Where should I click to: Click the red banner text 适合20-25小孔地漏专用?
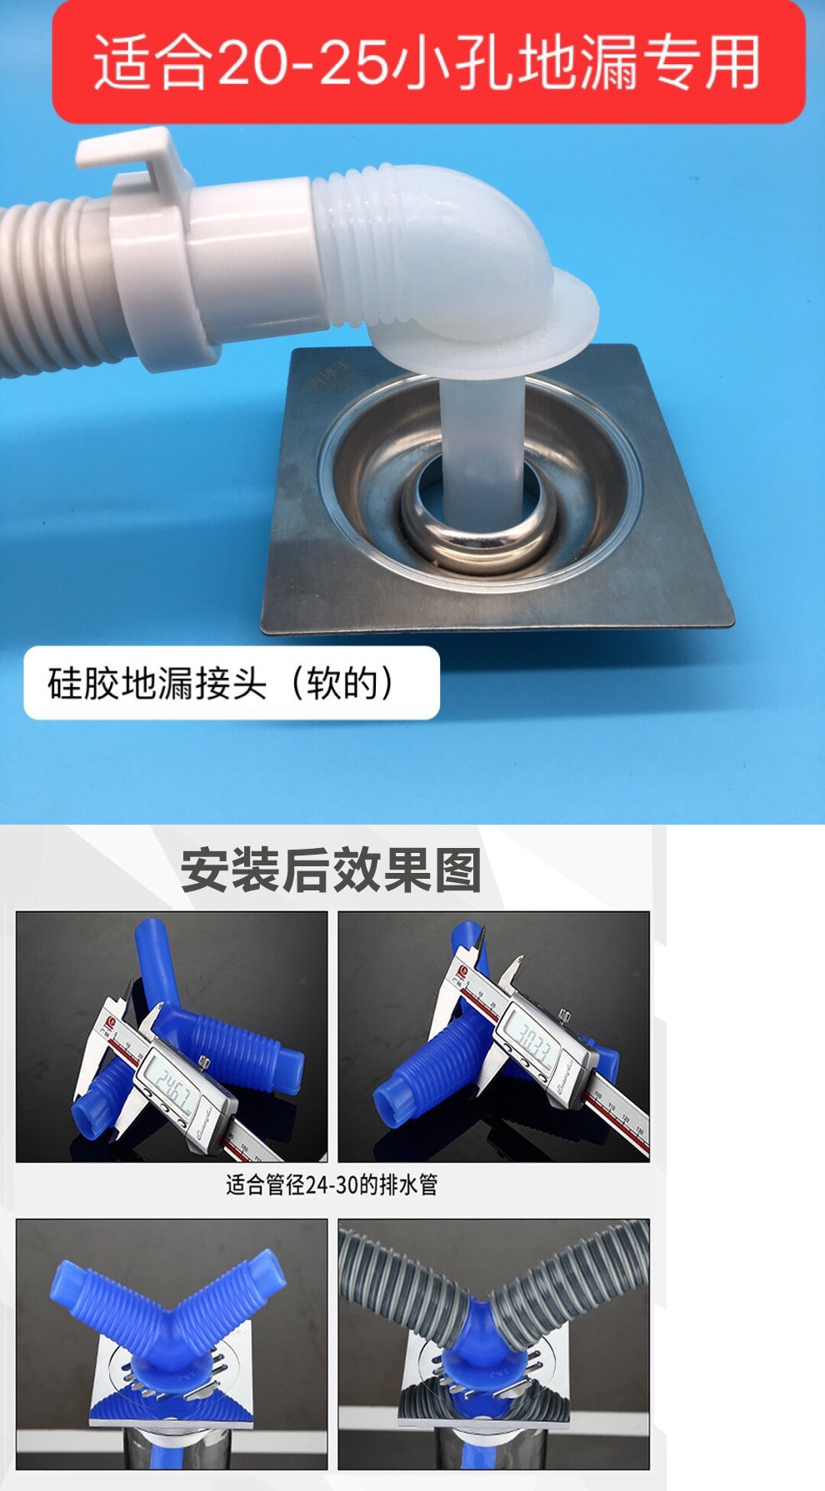427,62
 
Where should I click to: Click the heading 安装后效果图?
331,870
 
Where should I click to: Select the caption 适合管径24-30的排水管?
332,1184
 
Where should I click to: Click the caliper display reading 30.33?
533,1041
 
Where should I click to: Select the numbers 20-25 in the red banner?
302,63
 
